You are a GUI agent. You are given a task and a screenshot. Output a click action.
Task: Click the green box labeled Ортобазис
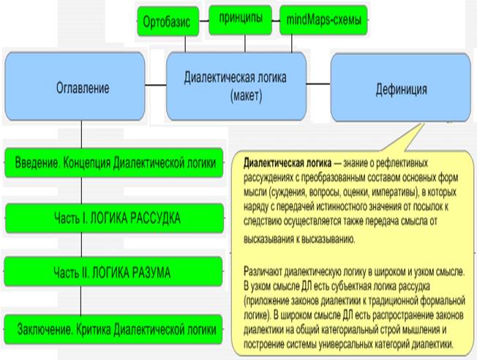tap(167, 22)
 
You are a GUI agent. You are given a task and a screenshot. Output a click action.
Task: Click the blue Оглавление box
tap(83, 89)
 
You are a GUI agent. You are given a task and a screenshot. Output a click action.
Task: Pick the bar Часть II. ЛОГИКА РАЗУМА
tap(112, 273)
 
